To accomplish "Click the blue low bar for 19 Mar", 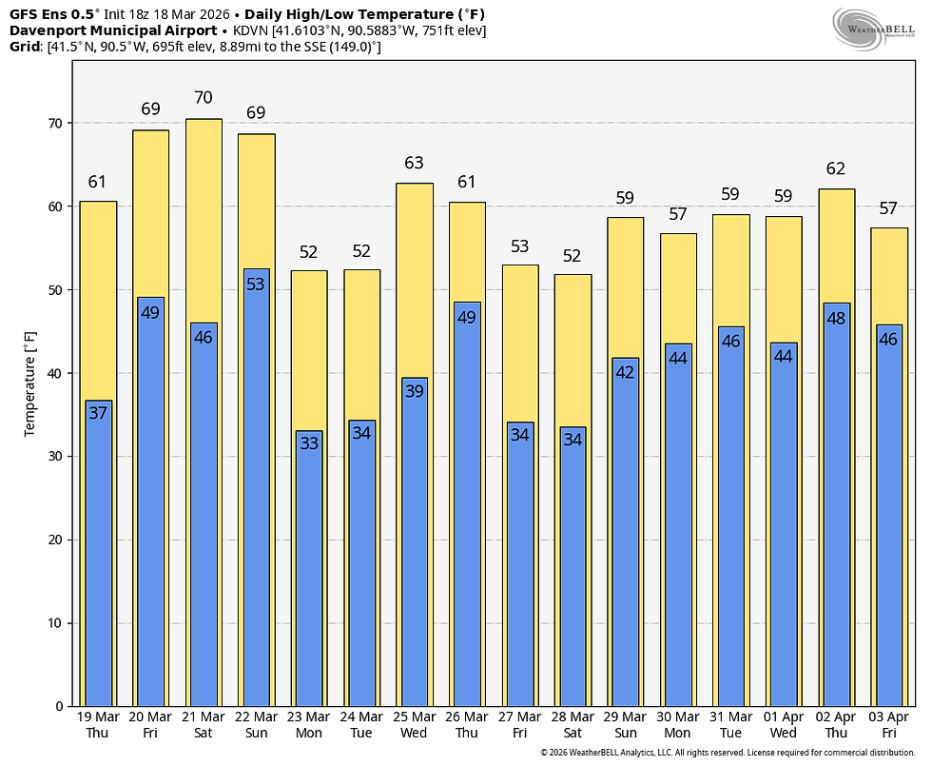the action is (99, 553).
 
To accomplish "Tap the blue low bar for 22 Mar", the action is (256, 487).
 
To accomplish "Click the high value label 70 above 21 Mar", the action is (204, 97).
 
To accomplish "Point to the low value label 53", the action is (256, 285).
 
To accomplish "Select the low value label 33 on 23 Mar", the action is (309, 443).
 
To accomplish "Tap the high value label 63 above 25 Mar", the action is (415, 163).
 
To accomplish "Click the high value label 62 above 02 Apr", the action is (836, 168).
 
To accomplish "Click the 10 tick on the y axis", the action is (55, 623).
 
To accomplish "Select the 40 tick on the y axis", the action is (55, 373).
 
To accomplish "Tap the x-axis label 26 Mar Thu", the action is (467, 725).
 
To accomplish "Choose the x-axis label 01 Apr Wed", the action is (783, 725).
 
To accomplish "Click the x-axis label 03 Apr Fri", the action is (888, 725).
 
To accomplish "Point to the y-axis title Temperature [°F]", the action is (29, 384).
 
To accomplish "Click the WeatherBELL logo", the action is (873, 29).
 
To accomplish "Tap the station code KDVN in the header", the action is (251, 30).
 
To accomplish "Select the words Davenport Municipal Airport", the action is (113, 30).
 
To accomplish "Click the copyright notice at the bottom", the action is (728, 753).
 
